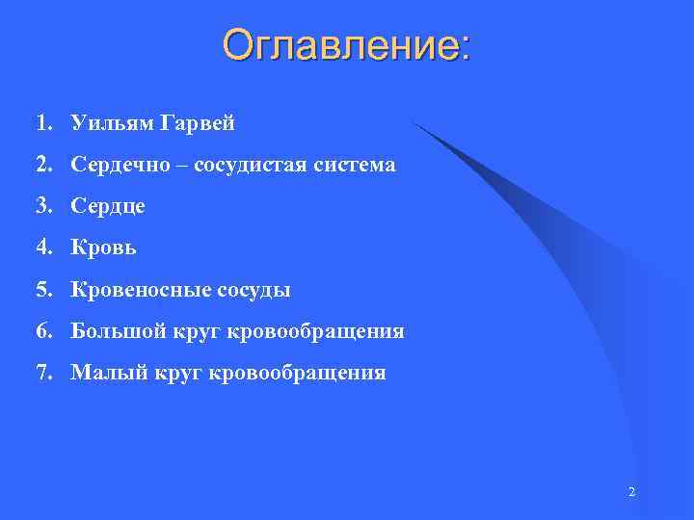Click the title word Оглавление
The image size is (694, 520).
[x=341, y=45]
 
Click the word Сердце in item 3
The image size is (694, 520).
[x=107, y=207]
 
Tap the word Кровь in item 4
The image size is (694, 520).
[x=103, y=247]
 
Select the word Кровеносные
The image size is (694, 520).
[x=131, y=289]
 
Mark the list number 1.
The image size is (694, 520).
[x=43, y=123]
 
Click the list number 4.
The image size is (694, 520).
[x=43, y=247]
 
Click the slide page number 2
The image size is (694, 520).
[x=631, y=492]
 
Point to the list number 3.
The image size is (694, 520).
[x=43, y=207]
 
